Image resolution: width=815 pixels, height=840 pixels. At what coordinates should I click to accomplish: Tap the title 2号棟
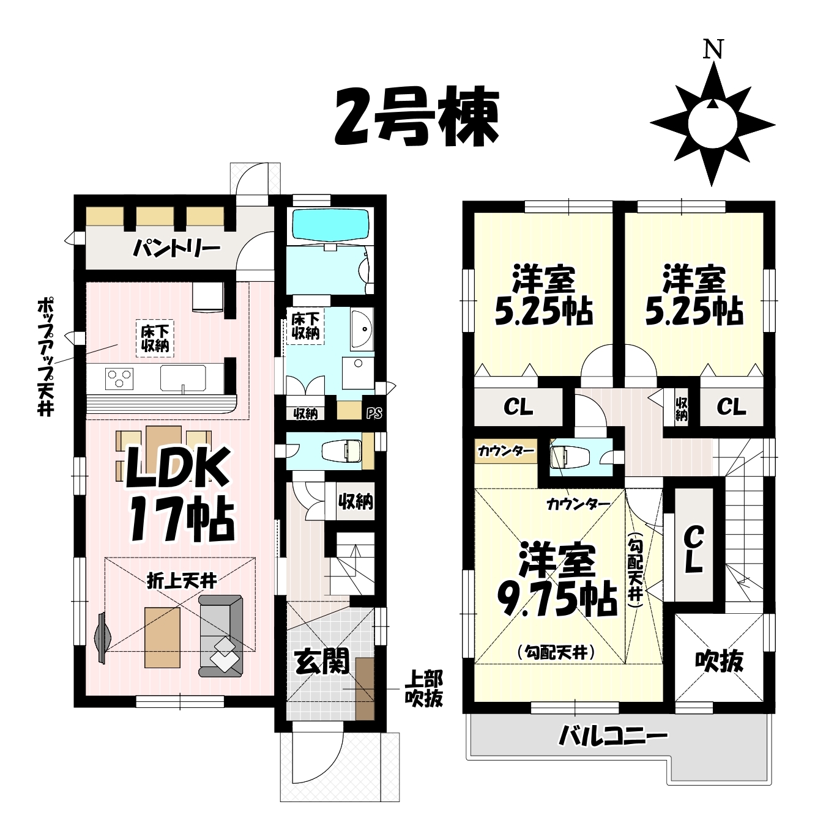point(417,117)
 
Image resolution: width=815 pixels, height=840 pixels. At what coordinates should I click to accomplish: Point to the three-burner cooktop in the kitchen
point(119,379)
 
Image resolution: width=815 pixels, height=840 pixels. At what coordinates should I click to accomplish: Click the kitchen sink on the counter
point(183,378)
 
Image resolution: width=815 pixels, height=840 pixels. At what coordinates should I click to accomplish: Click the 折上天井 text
point(181,582)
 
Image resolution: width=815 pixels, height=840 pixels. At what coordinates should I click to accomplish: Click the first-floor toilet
point(341,451)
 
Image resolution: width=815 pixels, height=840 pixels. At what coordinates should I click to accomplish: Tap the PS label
point(374,413)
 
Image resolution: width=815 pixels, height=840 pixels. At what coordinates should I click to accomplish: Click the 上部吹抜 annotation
point(423,694)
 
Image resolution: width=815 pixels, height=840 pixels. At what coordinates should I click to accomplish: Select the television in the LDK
point(102,638)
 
